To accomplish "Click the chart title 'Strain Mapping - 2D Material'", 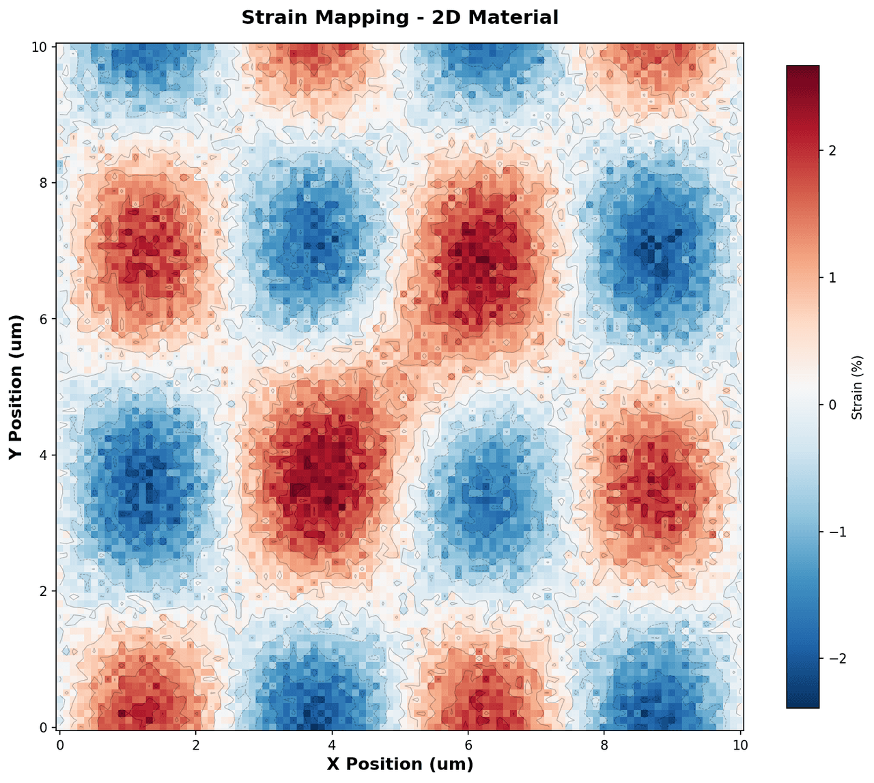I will [x=399, y=18].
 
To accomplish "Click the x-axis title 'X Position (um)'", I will [x=399, y=764].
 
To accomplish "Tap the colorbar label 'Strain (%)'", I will [x=858, y=387].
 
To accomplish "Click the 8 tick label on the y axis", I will [x=43, y=182].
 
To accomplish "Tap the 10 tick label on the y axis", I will [x=40, y=46].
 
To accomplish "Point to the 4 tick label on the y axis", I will [x=43, y=455].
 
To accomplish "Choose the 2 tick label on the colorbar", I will [x=832, y=151].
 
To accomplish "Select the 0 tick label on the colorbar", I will [x=832, y=405].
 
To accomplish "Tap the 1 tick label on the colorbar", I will [x=832, y=278].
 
